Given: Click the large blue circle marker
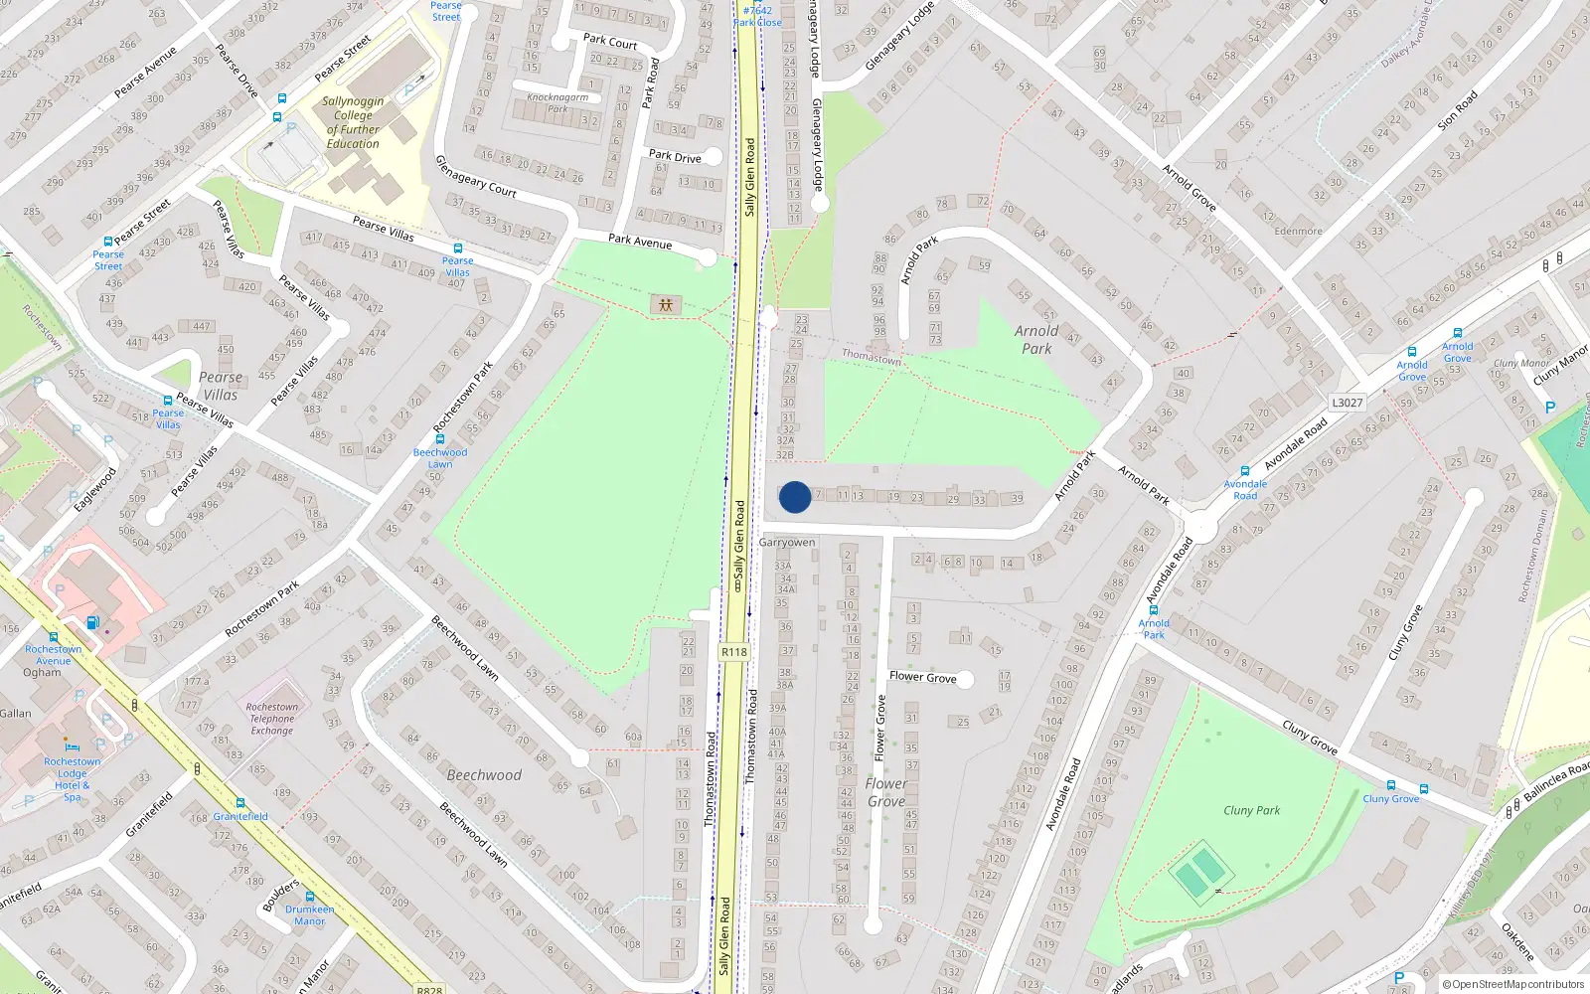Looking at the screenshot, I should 794,497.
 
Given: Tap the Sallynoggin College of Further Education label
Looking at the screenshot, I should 353,122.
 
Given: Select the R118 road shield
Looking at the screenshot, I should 733,652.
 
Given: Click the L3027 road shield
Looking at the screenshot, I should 1347,403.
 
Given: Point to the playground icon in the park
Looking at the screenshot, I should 665,304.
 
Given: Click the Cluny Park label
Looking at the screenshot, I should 1251,810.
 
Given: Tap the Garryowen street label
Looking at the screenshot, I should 787,543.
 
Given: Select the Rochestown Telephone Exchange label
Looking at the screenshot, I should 272,719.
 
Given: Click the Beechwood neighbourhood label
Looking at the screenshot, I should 484,775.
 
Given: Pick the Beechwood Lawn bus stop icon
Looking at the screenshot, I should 439,438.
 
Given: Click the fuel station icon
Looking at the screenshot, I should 93,623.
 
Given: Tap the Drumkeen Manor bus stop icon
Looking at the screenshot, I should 310,897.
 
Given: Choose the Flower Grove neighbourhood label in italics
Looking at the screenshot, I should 885,792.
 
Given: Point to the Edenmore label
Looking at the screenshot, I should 1298,231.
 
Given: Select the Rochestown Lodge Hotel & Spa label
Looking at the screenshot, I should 72,779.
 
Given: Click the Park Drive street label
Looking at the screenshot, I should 675,156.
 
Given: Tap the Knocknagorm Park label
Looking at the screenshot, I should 557,102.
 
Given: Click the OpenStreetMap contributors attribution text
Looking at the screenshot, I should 1512,985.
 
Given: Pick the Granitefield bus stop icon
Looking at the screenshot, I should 240,802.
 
